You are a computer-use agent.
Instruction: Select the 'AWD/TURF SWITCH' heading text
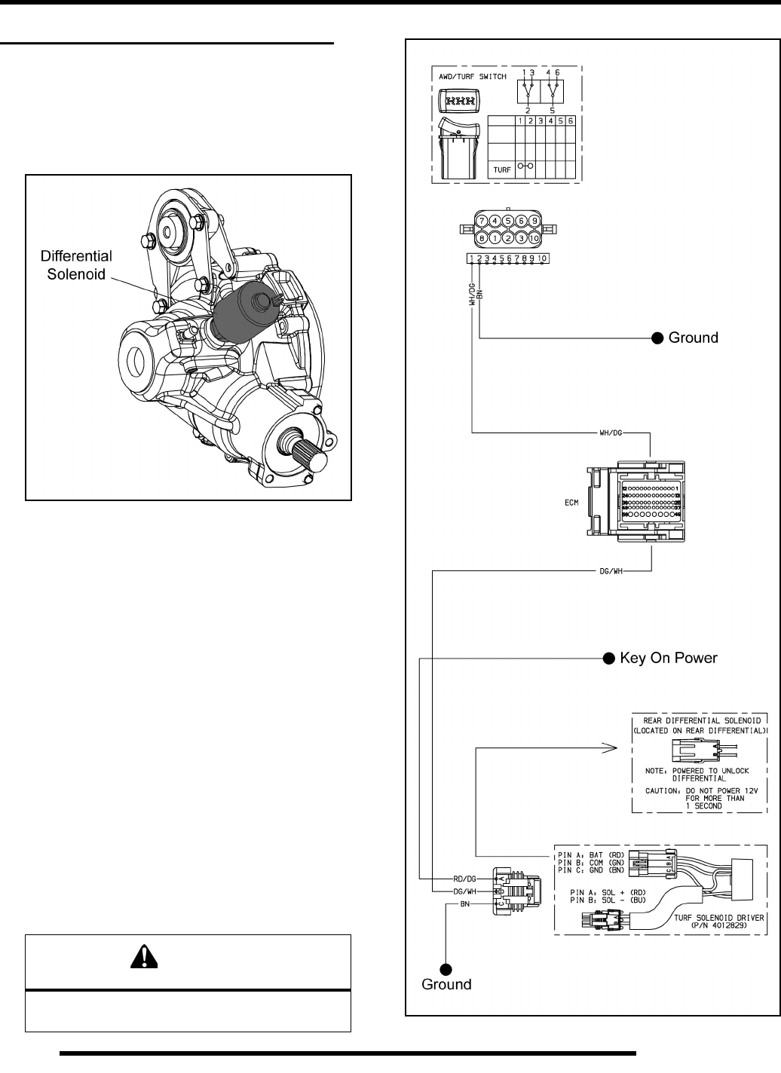coord(472,77)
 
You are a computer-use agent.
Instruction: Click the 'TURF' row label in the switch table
coord(501,170)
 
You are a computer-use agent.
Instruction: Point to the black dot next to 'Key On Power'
coord(608,658)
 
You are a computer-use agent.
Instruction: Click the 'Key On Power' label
coord(669,658)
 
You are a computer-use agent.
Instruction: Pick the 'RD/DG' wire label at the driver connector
coord(464,879)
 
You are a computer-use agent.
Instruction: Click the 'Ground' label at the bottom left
coord(446,984)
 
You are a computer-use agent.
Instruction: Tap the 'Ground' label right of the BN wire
coord(694,338)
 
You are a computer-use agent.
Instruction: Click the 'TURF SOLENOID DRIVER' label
coord(717,918)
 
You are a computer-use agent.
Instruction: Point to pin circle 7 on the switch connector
coord(479,221)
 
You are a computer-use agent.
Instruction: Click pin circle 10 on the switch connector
coord(534,238)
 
